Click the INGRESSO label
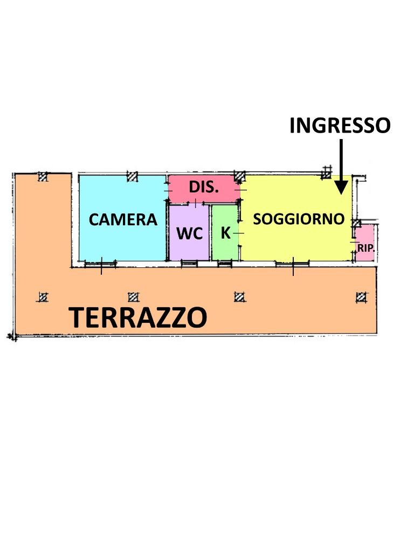click(x=340, y=125)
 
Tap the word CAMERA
click(x=123, y=220)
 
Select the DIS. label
click(x=204, y=187)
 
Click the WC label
click(x=190, y=233)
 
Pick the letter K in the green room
click(x=225, y=233)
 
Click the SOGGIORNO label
click(x=299, y=219)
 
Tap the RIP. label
click(x=365, y=247)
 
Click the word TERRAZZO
click(x=138, y=317)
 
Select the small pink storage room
click(x=364, y=243)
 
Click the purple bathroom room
click(x=189, y=232)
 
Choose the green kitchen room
click(x=225, y=232)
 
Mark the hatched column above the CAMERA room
click(x=132, y=176)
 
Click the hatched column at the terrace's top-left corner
click(x=42, y=177)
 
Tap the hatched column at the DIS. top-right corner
click(x=240, y=177)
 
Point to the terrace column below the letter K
click(x=239, y=296)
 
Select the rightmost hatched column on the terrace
click(x=361, y=297)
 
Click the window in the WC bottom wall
click(x=189, y=264)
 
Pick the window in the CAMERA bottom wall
click(x=100, y=264)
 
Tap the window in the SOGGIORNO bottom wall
click(x=292, y=264)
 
